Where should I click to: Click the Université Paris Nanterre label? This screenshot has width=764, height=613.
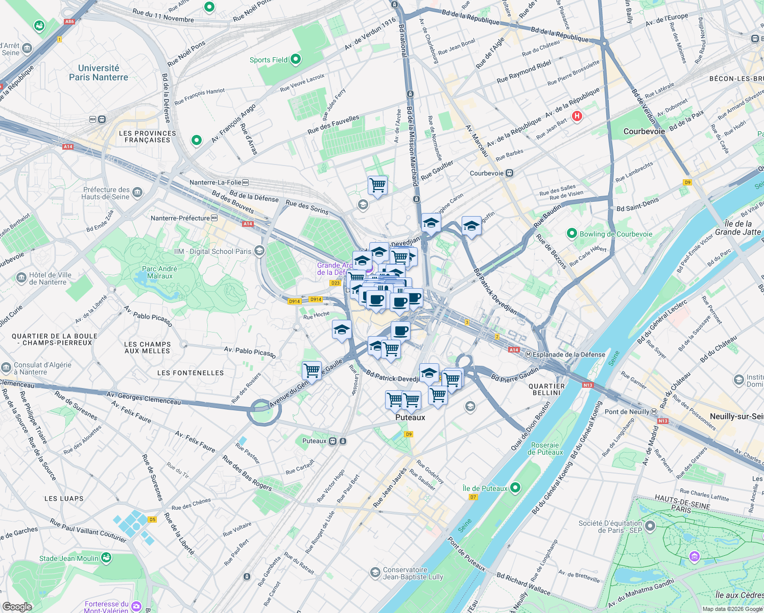pos(99,73)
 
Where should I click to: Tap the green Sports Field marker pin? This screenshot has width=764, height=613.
pos(296,59)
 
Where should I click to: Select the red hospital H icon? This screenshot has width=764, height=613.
pos(577,116)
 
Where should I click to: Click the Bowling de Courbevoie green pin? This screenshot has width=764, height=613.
pos(572,234)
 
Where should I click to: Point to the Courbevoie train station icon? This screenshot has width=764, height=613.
pos(509,173)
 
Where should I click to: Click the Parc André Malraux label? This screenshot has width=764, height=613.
pos(160,272)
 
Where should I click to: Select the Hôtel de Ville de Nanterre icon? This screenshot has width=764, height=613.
pos(21,278)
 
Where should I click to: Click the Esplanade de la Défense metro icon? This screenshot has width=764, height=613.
pos(529,355)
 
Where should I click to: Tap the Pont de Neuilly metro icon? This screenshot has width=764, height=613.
pos(654,412)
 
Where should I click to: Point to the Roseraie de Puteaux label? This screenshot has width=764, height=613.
pos(545,449)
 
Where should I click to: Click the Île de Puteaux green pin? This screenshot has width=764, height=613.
pos(515,488)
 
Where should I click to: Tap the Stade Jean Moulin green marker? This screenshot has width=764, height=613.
pos(106,558)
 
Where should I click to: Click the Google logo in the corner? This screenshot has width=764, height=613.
pos(17,606)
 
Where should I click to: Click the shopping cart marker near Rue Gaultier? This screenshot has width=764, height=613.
pos(377,185)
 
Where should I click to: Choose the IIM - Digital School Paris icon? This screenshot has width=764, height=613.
pos(259,251)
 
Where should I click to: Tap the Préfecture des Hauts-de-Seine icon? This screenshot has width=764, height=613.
pos(137,193)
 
